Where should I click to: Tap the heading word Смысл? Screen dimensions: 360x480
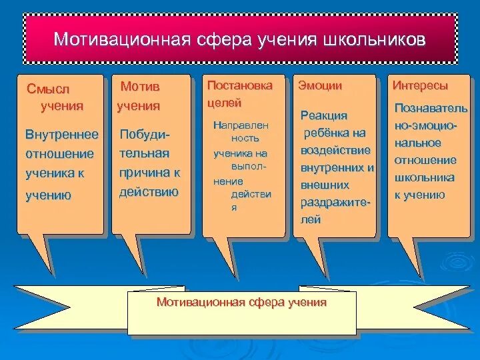48,89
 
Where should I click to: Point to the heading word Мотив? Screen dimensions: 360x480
139,87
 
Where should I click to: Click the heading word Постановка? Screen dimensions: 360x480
239,85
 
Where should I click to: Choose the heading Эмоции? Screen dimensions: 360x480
320,85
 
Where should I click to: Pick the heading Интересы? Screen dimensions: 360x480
420,85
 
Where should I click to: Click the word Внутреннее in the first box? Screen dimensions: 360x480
61,135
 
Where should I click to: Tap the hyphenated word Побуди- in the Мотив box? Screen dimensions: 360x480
144,135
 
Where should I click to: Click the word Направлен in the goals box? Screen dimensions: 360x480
242,125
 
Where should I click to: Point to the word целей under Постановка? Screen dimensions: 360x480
224,103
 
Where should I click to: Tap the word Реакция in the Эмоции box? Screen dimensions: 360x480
323,116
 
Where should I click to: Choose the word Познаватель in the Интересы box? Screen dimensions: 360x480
431,108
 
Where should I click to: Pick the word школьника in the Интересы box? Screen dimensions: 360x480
425,177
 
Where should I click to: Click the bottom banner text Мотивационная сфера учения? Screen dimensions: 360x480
241,302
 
